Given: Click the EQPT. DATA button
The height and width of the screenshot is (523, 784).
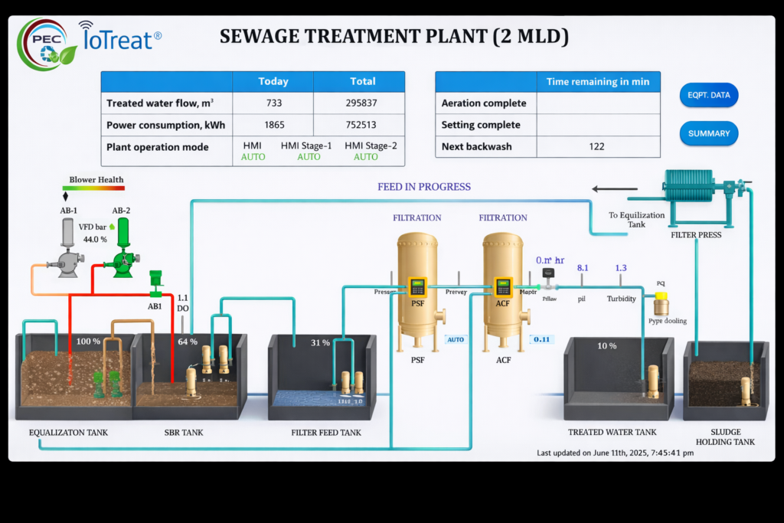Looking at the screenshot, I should pos(708,95).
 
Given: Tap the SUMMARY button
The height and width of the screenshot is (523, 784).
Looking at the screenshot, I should pos(708,133).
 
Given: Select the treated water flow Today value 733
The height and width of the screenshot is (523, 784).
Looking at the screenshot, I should pos(273,103).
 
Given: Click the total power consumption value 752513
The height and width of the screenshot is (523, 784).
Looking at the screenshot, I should pos(362,125).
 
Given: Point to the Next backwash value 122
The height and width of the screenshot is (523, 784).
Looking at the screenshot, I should pos(596,146).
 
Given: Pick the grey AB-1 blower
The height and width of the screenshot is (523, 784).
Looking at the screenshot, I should pos(67,252).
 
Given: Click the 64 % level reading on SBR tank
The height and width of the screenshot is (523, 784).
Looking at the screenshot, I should pos(188,341).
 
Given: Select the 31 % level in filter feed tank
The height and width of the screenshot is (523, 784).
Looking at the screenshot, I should pos(321,342).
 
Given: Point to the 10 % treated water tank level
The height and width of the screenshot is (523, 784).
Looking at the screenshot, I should pos(606,346).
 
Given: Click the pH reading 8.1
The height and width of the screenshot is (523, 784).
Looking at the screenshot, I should pos(583,268).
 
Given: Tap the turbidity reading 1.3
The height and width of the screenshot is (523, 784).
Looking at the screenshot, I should pos(621,268).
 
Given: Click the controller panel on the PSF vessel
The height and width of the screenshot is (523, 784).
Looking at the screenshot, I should pos(417,287).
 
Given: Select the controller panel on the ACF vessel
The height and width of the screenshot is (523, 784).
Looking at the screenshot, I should pos(502,287).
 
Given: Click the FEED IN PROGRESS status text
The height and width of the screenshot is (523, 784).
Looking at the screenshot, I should pos(424,187).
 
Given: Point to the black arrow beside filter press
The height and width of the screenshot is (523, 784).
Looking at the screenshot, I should pos(615,188).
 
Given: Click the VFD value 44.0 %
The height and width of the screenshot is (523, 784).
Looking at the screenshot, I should pos(95,240).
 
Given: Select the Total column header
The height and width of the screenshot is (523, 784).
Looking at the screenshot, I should pos(362,81).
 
